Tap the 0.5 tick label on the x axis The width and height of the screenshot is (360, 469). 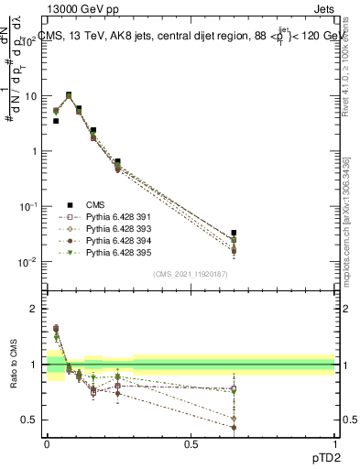click(191, 443)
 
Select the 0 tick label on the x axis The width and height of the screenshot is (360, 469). click(47, 443)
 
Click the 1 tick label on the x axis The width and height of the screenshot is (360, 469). click(334, 443)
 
